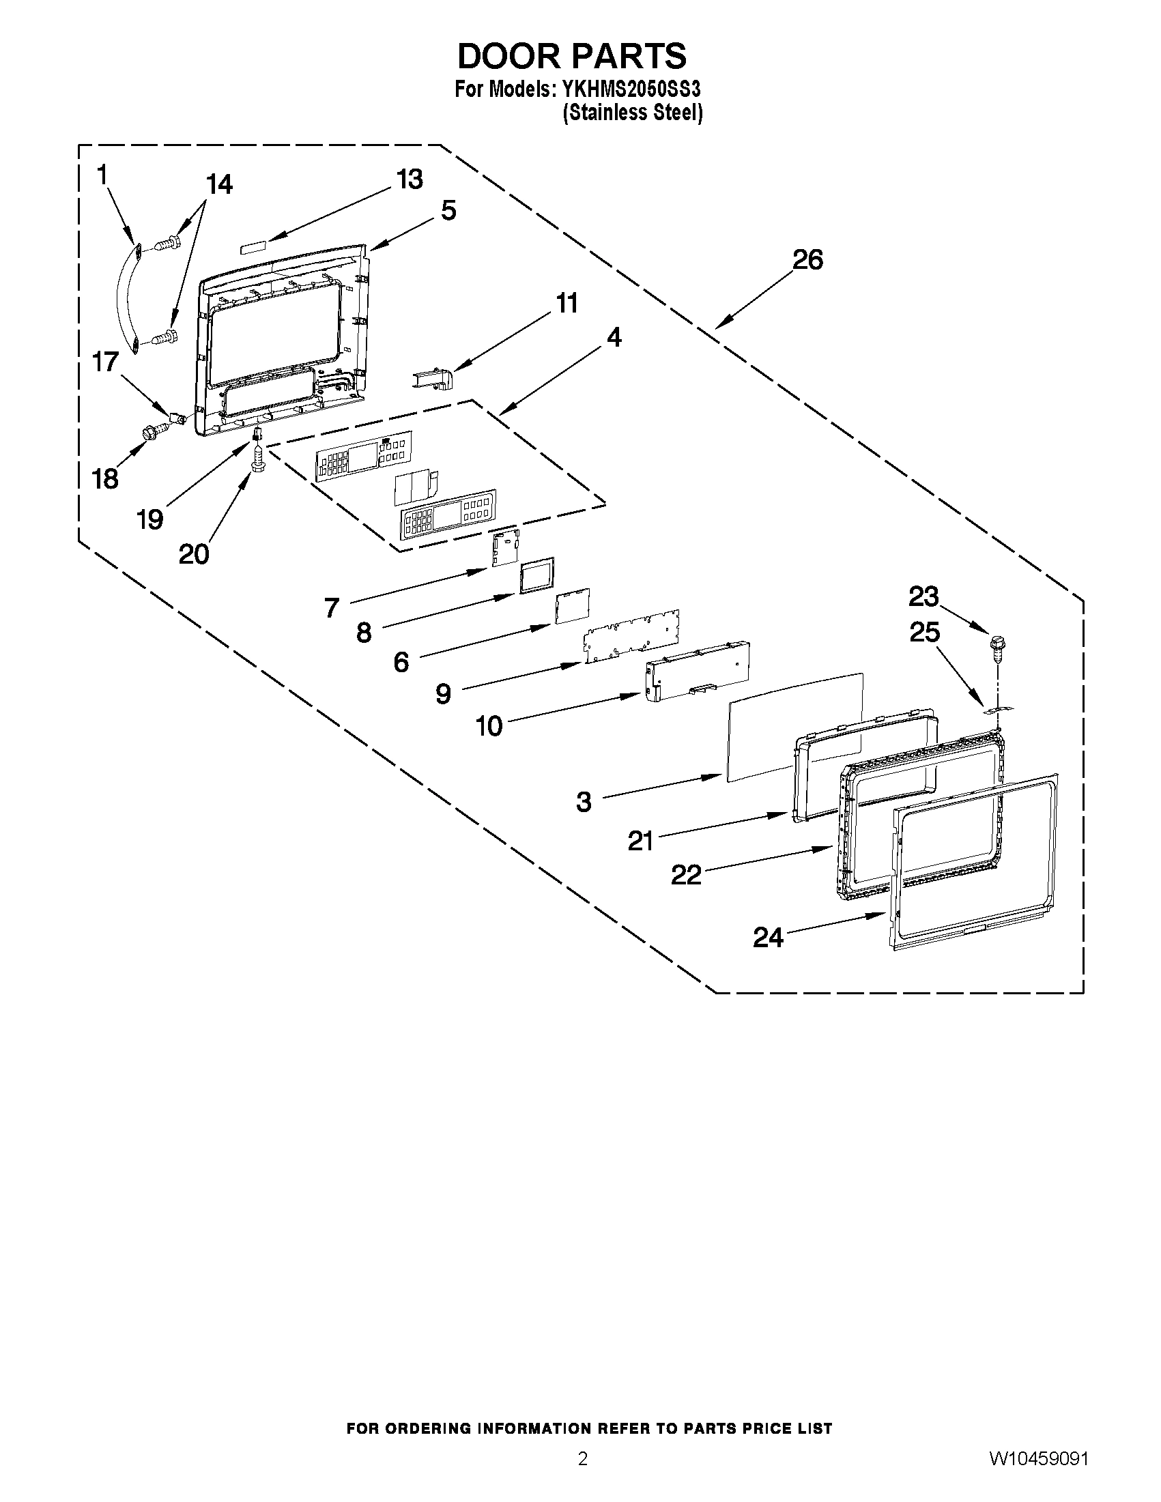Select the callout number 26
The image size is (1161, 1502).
pyautogui.click(x=807, y=260)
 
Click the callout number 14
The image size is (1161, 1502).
pyautogui.click(x=219, y=184)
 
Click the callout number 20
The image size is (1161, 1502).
pyautogui.click(x=193, y=553)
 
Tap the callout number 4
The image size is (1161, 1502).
pyautogui.click(x=614, y=337)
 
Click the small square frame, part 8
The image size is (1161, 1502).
pyautogui.click(x=537, y=575)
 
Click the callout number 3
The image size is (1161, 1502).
pyautogui.click(x=584, y=802)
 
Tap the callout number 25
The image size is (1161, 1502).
pyautogui.click(x=924, y=632)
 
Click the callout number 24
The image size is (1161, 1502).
pyautogui.click(x=768, y=937)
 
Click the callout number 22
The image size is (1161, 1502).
pyautogui.click(x=686, y=875)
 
